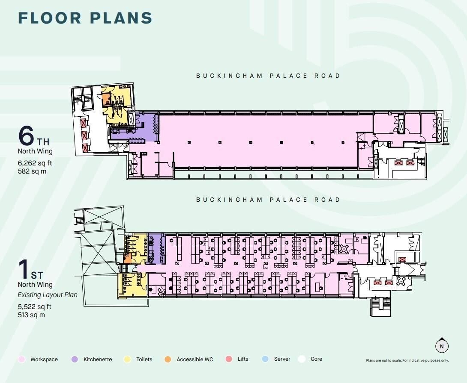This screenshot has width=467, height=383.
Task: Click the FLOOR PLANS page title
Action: (85, 18)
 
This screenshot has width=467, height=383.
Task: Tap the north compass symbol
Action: (442, 346)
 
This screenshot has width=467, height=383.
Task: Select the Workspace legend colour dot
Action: (21, 359)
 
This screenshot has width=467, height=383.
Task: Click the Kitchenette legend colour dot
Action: (75, 359)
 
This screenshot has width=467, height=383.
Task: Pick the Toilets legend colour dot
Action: (127, 359)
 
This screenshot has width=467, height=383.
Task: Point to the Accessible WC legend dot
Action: (168, 359)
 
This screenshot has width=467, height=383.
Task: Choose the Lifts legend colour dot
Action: (229, 359)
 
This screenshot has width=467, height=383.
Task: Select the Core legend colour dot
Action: (302, 359)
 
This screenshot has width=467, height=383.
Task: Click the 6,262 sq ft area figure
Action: (35, 163)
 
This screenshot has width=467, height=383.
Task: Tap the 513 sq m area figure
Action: (31, 315)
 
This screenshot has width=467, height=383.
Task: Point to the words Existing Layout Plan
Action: (48, 295)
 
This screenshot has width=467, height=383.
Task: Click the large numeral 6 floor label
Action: (26, 136)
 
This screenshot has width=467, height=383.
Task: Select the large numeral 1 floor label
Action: (23, 269)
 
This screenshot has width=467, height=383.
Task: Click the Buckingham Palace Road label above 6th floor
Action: (268, 76)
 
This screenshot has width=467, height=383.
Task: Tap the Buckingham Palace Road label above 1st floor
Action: (268, 200)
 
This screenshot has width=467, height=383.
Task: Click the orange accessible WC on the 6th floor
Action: (105, 100)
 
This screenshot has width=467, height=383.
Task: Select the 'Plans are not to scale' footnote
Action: (407, 360)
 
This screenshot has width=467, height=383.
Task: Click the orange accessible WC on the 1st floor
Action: (128, 259)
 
